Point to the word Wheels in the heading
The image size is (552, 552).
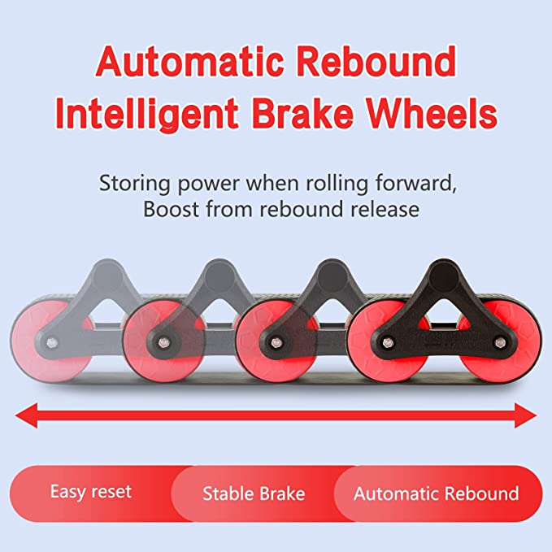446,114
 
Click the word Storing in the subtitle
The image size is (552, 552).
129,181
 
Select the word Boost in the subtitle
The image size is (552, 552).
168,210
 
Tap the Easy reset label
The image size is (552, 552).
90,491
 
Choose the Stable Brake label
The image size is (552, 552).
254,493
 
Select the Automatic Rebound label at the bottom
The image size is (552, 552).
436,493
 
